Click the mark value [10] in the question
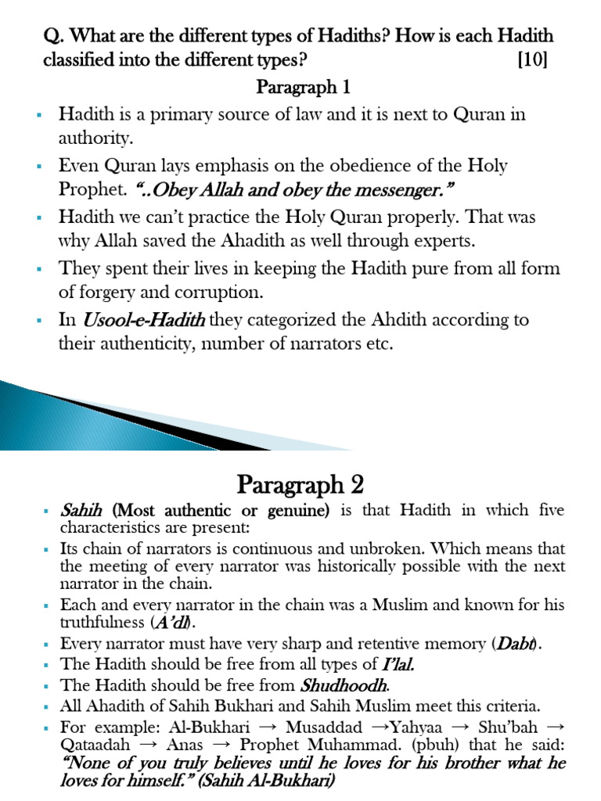pos(532,61)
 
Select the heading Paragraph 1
pos(300,87)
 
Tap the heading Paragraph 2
pos(301,484)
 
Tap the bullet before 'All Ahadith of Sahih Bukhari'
pos(47,706)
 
